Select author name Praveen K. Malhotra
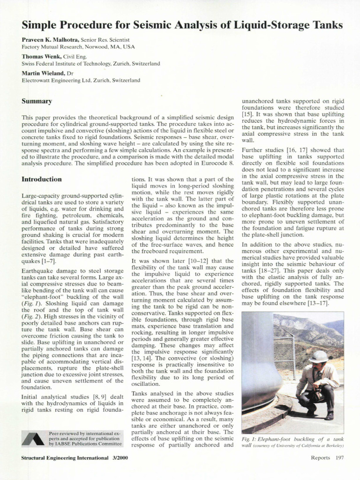(51, 40)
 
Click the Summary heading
(37, 101)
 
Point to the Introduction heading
(42, 179)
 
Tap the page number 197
(338, 458)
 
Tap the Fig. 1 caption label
(250, 439)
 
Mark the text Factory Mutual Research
(53, 47)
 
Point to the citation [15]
(247, 114)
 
